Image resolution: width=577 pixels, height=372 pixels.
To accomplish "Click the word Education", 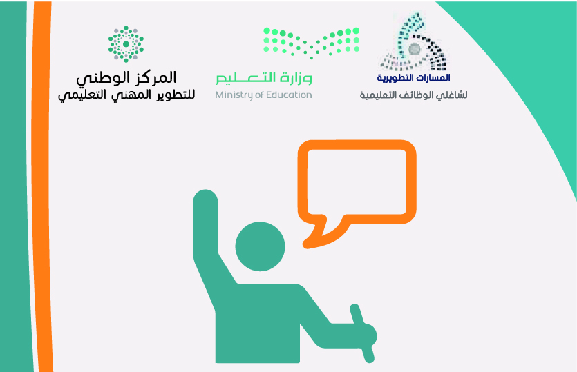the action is coord(288,95).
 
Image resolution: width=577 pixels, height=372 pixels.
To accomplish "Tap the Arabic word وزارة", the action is coord(296,78).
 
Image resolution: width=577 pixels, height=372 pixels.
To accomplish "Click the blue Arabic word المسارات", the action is coord(435,77).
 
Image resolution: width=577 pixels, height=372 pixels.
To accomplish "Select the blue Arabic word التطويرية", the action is coord(397,78).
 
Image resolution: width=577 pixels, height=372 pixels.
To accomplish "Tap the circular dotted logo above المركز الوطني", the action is coord(126,44).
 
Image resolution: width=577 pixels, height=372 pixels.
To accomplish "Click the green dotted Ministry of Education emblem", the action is coord(312,43).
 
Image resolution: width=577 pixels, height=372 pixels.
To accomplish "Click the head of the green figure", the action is coord(260,246).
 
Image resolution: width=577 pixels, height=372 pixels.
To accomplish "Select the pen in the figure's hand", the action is coord(362,333).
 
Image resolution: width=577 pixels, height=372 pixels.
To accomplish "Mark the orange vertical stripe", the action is coord(41,186).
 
